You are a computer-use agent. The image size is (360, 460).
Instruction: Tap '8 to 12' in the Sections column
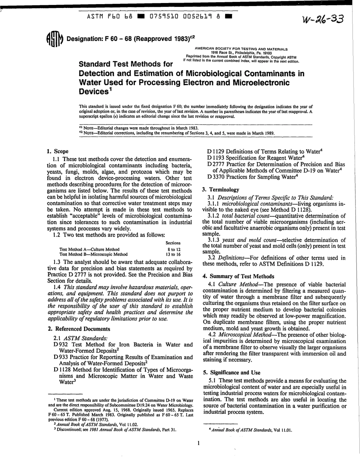174,249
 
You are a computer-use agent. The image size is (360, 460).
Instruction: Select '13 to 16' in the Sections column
173,254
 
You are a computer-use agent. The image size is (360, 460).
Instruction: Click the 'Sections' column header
173,243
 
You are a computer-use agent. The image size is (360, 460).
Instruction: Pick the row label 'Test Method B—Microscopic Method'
93,254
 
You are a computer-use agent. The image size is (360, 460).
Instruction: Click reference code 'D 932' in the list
61,344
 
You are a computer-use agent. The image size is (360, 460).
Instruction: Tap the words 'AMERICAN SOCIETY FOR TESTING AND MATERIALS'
241,49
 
